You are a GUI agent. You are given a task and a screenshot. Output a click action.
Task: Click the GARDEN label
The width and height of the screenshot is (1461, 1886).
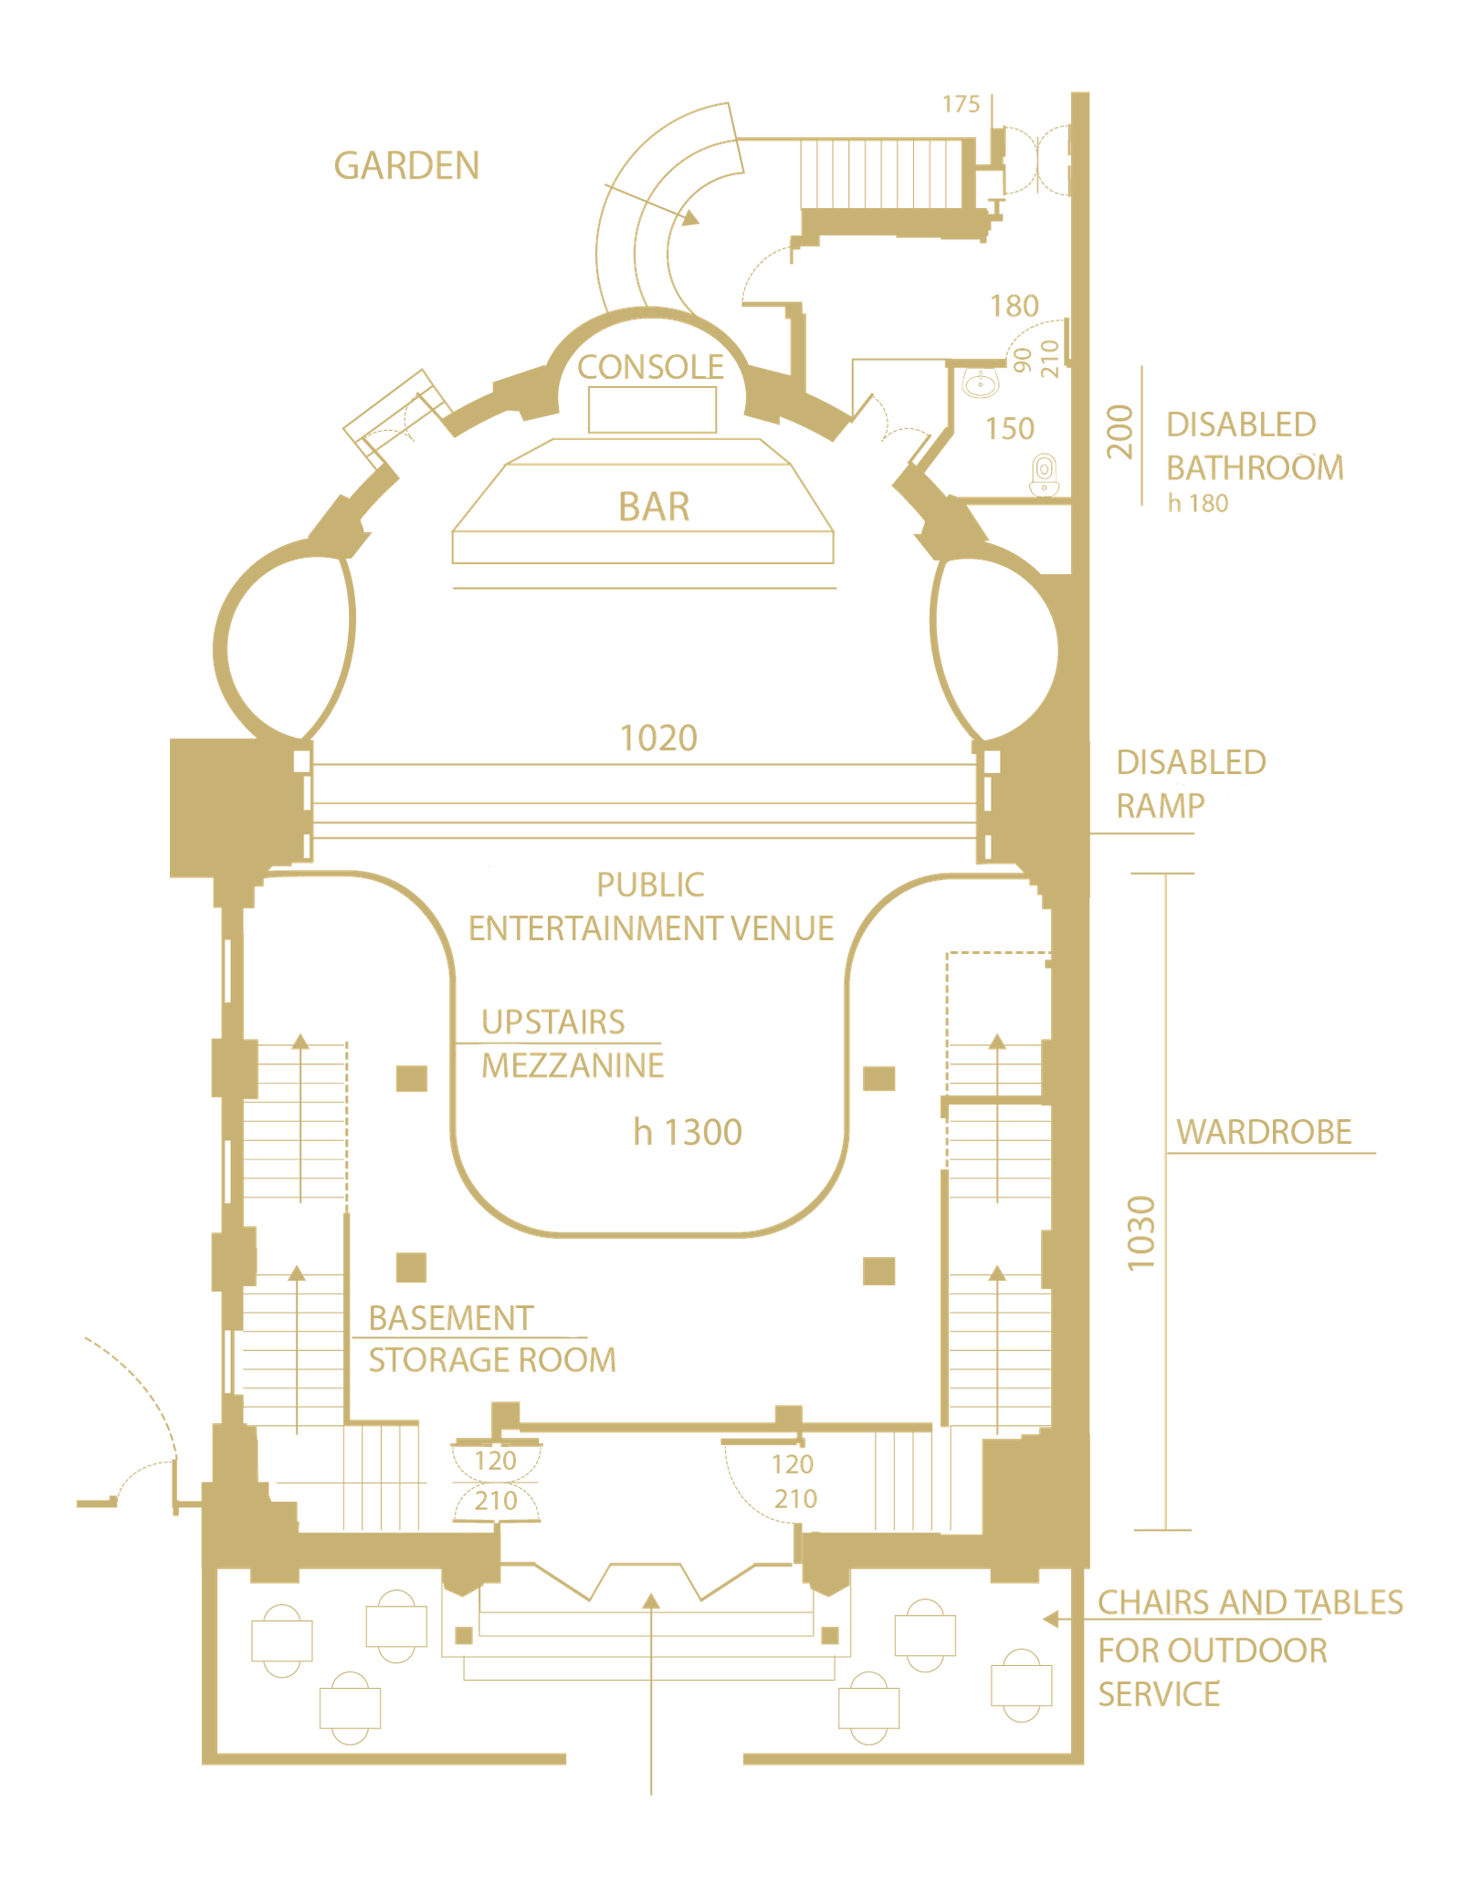tap(406, 166)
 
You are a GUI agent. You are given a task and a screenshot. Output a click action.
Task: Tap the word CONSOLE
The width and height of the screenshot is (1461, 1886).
tap(650, 367)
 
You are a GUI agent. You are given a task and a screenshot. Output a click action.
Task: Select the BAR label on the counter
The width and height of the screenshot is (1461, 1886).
tap(654, 507)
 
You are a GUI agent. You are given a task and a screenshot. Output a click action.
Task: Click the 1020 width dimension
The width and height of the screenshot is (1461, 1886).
tap(658, 738)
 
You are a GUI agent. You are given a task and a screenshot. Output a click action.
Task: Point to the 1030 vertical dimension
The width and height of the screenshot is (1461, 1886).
tap(1141, 1232)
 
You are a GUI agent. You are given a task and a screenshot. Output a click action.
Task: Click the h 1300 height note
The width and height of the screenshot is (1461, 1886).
tap(688, 1132)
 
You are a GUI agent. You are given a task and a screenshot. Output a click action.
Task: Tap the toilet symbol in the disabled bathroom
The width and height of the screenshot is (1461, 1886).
tap(1044, 475)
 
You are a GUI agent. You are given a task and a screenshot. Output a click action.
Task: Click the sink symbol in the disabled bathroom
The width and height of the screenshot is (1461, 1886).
tap(982, 382)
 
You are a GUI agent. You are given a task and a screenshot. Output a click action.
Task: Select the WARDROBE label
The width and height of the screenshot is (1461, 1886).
tap(1264, 1132)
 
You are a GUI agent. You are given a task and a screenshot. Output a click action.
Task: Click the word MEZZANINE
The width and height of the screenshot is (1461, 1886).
tap(573, 1065)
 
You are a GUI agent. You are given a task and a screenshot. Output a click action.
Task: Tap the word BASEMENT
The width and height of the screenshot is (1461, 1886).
tap(450, 1318)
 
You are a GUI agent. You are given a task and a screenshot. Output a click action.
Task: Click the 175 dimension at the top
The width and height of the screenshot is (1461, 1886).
tap(961, 104)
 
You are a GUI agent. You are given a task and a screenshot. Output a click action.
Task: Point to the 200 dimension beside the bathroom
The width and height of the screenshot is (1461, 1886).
tap(1119, 432)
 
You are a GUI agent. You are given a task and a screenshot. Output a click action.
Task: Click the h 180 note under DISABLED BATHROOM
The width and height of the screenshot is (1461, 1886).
tap(1198, 503)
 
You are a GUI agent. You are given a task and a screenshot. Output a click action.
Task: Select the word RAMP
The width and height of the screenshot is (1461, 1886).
tap(1161, 806)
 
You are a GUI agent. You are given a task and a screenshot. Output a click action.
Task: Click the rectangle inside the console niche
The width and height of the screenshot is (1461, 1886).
tap(652, 410)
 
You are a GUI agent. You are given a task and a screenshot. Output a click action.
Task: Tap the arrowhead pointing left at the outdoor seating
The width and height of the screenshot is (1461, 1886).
tap(1051, 1619)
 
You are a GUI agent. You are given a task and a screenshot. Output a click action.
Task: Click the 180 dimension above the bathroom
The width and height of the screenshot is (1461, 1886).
tap(1014, 306)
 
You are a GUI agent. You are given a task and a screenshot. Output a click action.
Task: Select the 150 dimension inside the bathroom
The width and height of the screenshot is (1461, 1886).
tap(1010, 428)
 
